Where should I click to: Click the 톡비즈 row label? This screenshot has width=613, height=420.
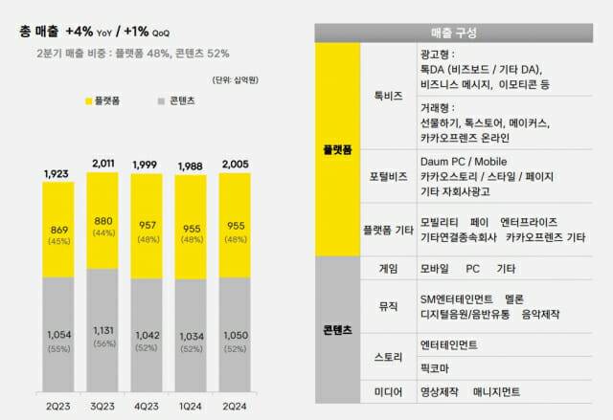tap(388, 96)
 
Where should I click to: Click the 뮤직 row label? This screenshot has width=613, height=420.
tap(388, 306)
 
